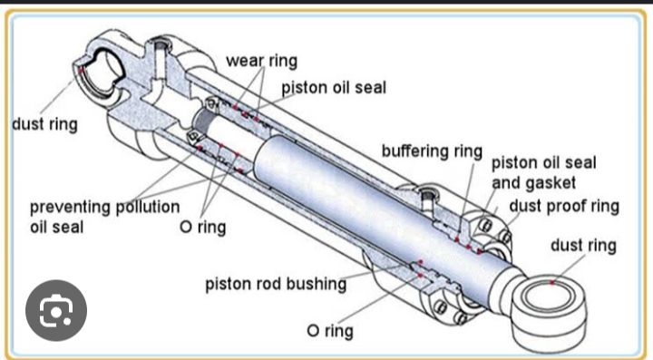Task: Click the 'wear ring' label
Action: coord(261,61)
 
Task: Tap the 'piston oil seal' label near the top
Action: coord(333,88)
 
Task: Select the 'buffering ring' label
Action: coord(431,151)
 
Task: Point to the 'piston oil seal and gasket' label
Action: coord(543,173)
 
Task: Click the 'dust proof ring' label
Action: coord(563,206)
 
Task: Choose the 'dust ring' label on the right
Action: coord(582,245)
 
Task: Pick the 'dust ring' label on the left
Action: coord(44,123)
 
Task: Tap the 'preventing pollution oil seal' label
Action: coord(103,216)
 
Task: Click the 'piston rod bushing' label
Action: coord(276,284)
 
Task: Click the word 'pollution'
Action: coord(146,207)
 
